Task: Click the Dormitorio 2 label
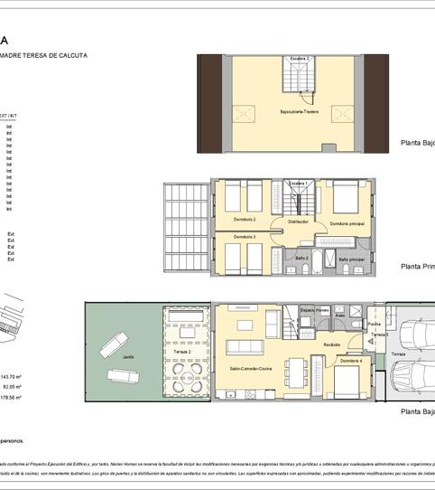coord(243,220)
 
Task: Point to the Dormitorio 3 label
coord(244,237)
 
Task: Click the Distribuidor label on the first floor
coord(299,221)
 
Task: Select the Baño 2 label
coord(302,258)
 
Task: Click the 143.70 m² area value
coord(11,376)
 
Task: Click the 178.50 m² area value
coord(11,397)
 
